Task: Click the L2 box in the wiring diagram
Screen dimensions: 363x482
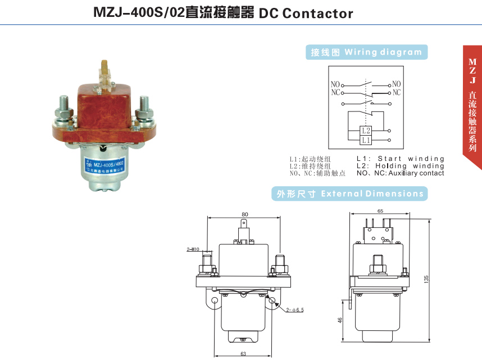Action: point(366,131)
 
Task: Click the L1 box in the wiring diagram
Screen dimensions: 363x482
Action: point(366,139)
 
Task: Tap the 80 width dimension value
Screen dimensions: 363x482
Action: point(244,214)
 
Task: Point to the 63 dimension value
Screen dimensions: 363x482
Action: point(244,353)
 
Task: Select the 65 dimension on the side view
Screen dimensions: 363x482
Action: point(381,210)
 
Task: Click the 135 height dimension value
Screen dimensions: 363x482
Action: point(426,279)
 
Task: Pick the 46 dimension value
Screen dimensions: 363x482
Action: point(340,320)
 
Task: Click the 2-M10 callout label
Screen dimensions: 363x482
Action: point(194,249)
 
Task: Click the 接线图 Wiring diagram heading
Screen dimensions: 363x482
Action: point(366,52)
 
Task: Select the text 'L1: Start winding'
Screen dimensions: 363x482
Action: point(400,159)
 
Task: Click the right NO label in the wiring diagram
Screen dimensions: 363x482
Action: point(397,84)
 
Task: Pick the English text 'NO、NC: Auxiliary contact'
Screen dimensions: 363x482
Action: point(400,173)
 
